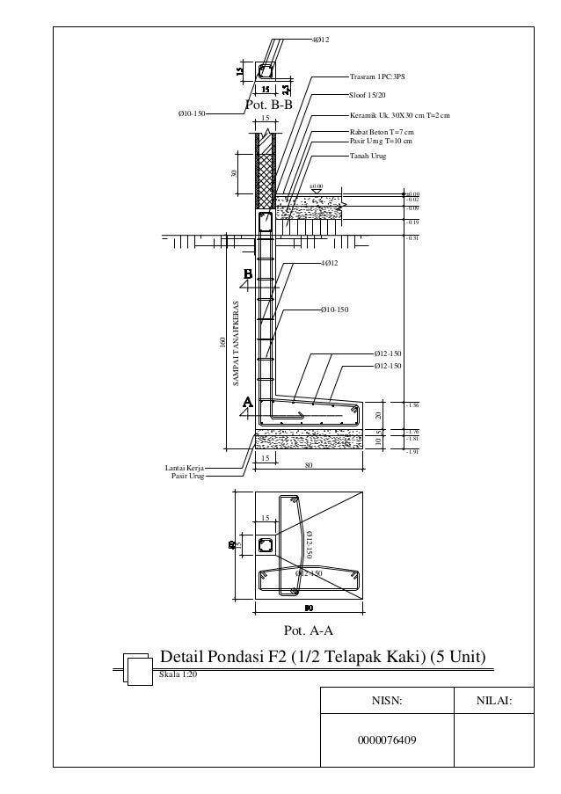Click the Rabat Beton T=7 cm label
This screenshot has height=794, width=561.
(382, 132)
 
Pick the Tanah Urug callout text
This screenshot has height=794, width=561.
(368, 156)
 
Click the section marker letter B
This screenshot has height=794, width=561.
(248, 274)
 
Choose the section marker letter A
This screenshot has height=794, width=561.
(248, 401)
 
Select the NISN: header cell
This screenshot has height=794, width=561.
(386, 701)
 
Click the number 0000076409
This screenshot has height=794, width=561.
(387, 739)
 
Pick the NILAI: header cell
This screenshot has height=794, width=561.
(492, 701)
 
